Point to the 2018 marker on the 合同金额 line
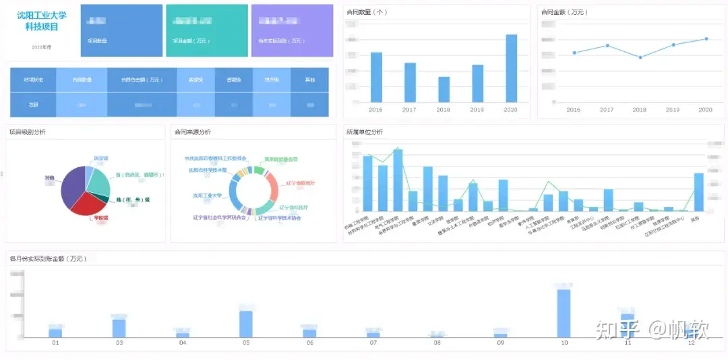(x=640, y=57)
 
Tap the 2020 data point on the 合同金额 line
(x=706, y=38)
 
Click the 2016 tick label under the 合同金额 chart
(x=574, y=110)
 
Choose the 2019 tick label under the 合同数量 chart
(x=477, y=110)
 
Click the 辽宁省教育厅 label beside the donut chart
(x=300, y=183)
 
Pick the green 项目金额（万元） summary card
(x=206, y=30)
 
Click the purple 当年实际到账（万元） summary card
(x=292, y=30)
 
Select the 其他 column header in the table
(x=310, y=80)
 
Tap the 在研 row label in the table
(x=33, y=105)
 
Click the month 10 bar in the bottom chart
(x=564, y=313)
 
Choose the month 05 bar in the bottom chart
(x=246, y=324)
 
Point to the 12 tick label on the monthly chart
(x=691, y=343)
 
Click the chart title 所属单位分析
(x=364, y=132)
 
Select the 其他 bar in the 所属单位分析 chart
(x=699, y=192)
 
